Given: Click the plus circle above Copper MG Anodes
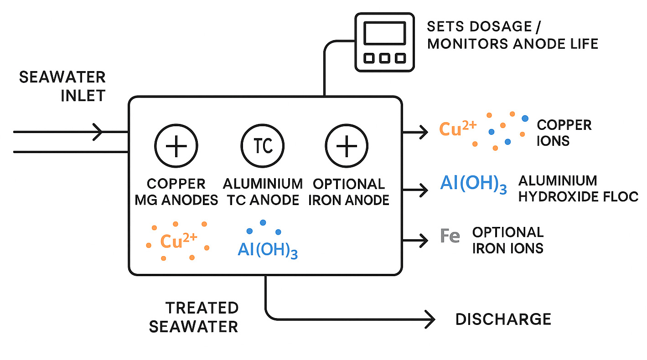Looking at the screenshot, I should (176, 146).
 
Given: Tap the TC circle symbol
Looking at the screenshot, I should (262, 146).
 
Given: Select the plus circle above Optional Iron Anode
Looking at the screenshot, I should (347, 146).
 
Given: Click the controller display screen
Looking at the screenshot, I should (384, 33).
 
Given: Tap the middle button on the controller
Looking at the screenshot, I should (384, 58).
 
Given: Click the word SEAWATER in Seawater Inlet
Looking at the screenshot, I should (62, 77).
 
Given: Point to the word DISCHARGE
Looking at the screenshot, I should (503, 319).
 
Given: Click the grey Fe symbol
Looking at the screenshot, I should (450, 237).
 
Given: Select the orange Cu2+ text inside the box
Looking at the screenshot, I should (177, 241).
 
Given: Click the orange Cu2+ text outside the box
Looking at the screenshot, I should (457, 129).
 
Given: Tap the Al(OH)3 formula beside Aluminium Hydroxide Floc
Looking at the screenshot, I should (473, 184).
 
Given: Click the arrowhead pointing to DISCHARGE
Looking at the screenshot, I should (430, 319).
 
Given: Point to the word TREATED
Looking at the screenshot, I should (202, 308).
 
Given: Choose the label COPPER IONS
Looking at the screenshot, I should (564, 133).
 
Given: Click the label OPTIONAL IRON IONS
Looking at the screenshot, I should (507, 240).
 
